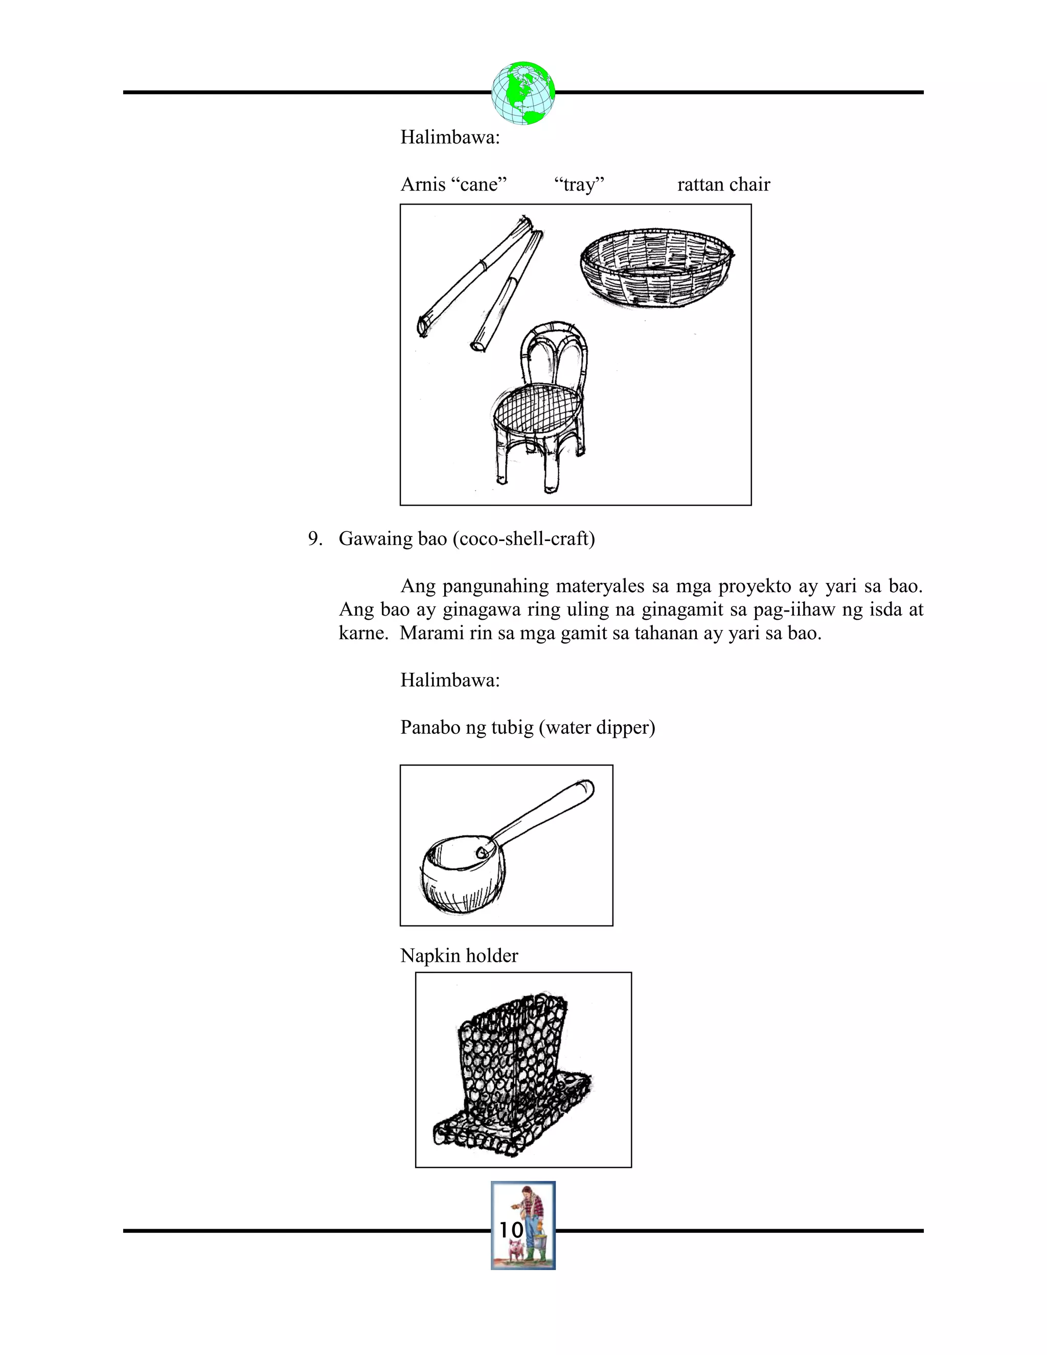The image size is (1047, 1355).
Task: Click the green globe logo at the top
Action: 523,93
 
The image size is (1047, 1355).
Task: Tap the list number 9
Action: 315,538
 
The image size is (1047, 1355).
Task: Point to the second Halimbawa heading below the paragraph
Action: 450,680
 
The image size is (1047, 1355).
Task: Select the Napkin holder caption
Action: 459,956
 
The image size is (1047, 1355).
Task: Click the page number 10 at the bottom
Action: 511,1230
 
